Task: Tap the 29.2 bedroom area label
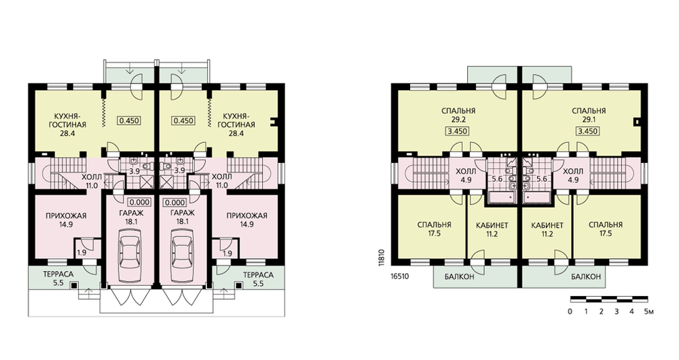(458, 120)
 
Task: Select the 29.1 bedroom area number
(588, 120)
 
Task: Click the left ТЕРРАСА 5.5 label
(58, 279)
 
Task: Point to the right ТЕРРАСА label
(258, 275)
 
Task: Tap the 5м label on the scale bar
(648, 311)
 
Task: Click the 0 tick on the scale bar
(570, 311)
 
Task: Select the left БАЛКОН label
(459, 277)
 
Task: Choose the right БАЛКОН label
(585, 277)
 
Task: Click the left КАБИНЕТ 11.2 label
(492, 230)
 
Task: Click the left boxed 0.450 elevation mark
(128, 120)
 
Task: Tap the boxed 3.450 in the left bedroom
(458, 131)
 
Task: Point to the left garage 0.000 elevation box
(139, 202)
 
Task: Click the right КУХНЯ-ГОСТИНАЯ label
(236, 125)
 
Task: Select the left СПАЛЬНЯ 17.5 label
(435, 229)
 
